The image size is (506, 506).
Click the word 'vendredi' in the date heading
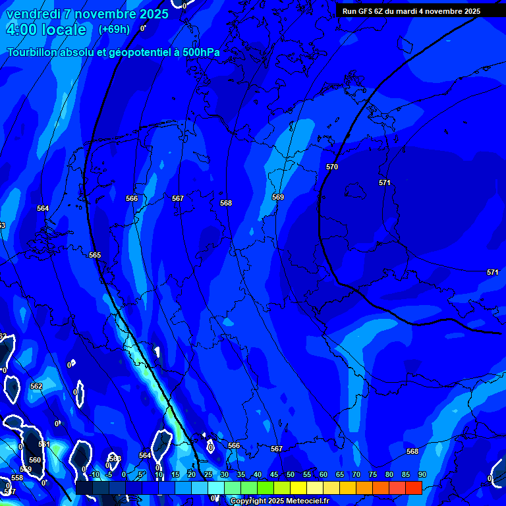click(32, 14)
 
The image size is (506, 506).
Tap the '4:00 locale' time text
click(46, 30)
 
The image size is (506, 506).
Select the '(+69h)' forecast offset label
click(114, 30)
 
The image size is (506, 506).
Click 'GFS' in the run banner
click(366, 11)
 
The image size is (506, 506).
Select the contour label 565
click(95, 255)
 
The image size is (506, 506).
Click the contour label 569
click(278, 197)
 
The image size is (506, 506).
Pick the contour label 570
click(332, 167)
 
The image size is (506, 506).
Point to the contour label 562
click(36, 386)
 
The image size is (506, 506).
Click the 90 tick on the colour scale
click(422, 475)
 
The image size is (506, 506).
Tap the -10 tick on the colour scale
click(94, 475)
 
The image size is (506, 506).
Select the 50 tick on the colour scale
click(290, 475)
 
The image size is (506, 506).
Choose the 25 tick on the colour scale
click(208, 475)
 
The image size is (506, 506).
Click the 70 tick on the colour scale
click(356, 475)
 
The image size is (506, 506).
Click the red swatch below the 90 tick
click(413, 488)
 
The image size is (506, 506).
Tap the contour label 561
click(44, 445)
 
